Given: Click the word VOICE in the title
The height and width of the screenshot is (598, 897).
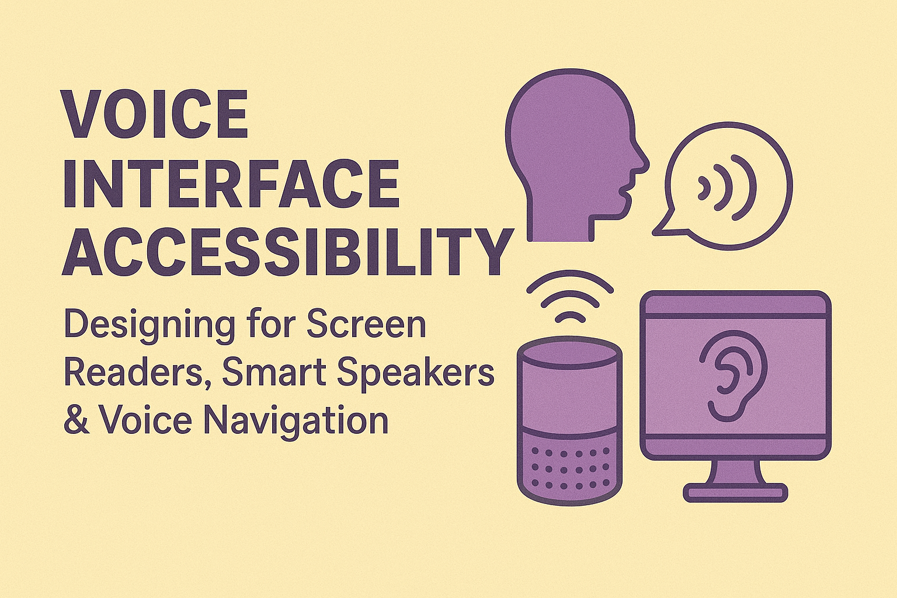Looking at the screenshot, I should coord(155,114).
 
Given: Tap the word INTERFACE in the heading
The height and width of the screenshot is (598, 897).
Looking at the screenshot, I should coord(231,182).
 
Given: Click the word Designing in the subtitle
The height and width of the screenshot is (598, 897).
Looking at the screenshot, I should coord(149,325).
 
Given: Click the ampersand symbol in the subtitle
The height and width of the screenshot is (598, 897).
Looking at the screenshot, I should coord(77,420).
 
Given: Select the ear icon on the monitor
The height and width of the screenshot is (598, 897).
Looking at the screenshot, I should coord(724,380).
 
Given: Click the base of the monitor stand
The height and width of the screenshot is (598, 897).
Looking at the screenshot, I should coord(735,493).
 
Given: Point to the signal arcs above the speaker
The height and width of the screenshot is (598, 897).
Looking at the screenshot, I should coord(569,298).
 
